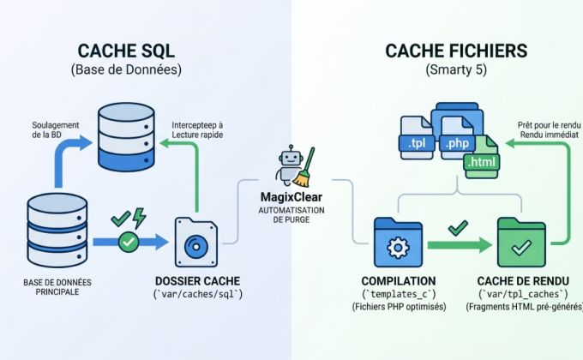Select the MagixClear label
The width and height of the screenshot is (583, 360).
pos(291,199)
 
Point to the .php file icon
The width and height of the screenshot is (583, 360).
pos(452,137)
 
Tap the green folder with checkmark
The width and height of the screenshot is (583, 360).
pos(521,242)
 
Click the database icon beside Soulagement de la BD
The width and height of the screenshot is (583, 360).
pos(127,137)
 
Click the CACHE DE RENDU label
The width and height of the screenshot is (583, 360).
pos(521,281)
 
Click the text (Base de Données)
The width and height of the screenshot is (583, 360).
pos(131,70)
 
